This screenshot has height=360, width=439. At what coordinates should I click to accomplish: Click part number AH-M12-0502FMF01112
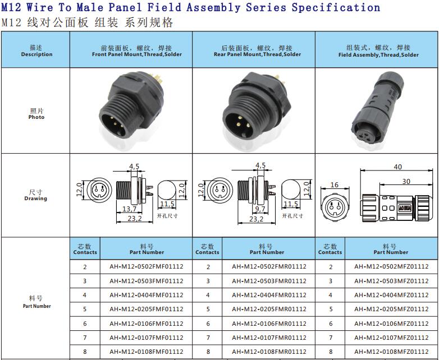tap(147, 266)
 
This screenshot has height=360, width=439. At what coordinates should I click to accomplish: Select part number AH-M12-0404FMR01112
tap(269, 295)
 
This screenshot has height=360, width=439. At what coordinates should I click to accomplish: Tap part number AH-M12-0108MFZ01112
tap(391, 352)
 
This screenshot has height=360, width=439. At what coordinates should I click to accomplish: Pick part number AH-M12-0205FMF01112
tap(147, 309)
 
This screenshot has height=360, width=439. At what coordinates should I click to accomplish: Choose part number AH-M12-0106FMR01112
tap(269, 324)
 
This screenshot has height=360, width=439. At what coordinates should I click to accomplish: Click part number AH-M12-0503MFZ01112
tap(391, 281)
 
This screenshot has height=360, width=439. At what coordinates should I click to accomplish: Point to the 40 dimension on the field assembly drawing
tap(398, 167)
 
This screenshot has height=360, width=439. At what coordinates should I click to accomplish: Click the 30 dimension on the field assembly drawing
tap(406, 182)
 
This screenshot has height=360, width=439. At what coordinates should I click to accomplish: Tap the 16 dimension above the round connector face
tap(334, 185)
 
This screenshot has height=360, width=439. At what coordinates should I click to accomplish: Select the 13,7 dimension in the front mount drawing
tap(129, 209)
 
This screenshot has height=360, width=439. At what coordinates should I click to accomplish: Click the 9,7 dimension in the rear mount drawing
tap(260, 209)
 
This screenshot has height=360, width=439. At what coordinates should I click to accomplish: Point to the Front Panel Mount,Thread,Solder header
tap(137, 54)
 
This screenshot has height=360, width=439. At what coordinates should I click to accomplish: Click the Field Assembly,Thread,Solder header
tap(378, 55)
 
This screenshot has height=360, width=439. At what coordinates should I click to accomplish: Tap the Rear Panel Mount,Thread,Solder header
tap(257, 54)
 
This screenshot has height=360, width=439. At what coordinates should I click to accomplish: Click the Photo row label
tap(36, 117)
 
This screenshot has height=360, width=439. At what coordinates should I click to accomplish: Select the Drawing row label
tap(35, 199)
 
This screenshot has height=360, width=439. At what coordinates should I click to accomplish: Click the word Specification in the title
tap(336, 7)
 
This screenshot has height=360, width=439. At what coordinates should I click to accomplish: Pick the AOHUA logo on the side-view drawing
tap(405, 208)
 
